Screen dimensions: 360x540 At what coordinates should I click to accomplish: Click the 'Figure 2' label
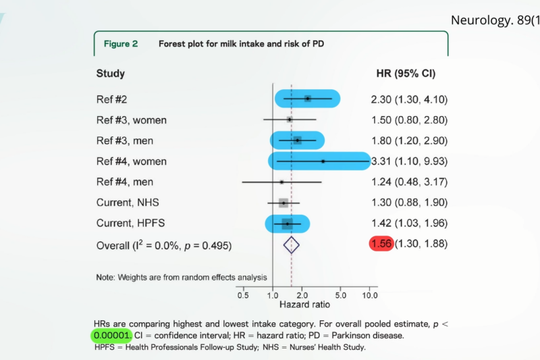pos(120,43)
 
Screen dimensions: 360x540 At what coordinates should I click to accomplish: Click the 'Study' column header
pos(110,73)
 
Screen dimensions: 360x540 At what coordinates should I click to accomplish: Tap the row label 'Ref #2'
pos(111,99)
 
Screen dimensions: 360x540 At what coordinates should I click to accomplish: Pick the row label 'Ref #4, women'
pos(131,161)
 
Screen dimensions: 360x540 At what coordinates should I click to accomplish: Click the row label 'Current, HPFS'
pos(129,223)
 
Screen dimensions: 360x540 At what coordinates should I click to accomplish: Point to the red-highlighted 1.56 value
pos(381,244)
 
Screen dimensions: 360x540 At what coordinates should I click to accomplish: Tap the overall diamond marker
pos(291,245)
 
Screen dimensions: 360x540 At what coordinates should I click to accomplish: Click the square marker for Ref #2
pos(308,99)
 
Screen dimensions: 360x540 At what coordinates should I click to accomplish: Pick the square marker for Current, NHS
pos(283,203)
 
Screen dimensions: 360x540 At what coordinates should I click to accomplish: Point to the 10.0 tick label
pos(369,295)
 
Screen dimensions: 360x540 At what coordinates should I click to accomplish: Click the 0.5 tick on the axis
pos(243,295)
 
